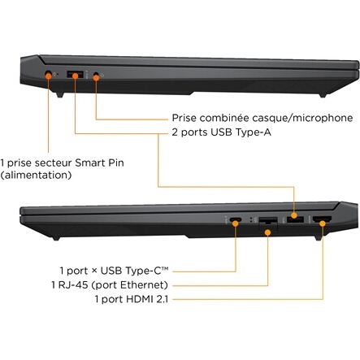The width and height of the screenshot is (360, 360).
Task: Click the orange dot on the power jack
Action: point(49,76)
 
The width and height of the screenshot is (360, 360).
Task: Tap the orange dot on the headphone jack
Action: point(96,78)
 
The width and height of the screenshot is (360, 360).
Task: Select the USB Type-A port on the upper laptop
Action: point(75,74)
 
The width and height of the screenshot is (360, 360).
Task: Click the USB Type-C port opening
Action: point(236,219)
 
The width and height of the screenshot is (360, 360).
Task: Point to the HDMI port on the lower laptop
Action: point(322,219)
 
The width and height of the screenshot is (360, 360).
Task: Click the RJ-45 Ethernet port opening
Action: point(268,220)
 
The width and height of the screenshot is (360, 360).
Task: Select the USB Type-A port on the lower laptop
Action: point(295,219)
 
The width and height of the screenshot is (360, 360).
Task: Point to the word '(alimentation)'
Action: point(36,175)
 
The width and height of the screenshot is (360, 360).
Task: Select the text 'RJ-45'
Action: point(73,285)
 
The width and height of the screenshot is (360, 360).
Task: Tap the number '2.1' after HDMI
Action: point(162,299)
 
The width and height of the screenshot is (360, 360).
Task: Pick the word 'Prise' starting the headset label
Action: point(184,118)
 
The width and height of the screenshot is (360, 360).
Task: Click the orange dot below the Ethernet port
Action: point(267,232)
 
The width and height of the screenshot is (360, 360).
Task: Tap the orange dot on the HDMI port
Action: point(323,223)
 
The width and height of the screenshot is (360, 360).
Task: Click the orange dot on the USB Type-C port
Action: point(236,223)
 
